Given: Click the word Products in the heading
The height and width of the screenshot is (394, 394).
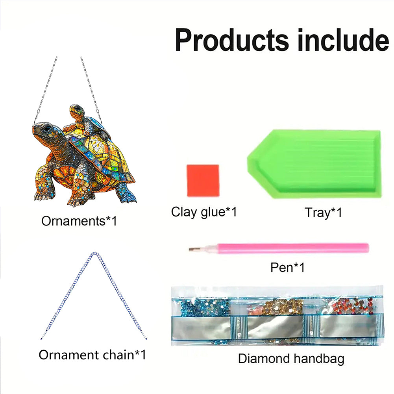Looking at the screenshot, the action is click(232, 40).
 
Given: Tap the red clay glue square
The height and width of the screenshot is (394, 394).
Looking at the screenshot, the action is click(203, 180).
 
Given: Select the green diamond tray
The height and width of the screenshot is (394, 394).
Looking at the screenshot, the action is click(314, 164).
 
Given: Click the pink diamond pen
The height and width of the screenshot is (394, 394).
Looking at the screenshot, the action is click(279, 248).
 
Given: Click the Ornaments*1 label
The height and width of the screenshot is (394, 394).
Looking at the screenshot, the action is click(79, 221).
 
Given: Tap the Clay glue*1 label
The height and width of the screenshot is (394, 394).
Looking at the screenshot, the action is click(204, 212).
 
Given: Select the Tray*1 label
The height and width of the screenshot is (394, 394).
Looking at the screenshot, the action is click(323, 213).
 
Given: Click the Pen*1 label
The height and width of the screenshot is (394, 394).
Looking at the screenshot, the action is click(287, 267).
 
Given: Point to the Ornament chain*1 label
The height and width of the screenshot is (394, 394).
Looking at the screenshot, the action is click(92, 355).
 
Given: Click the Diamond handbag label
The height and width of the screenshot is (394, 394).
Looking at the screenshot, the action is click(291, 359).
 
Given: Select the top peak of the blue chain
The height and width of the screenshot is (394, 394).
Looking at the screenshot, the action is click(94, 253).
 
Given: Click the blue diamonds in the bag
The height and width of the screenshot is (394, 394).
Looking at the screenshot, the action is click(205, 306).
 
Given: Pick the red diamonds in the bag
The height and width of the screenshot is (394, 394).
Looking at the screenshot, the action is click(352, 306).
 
